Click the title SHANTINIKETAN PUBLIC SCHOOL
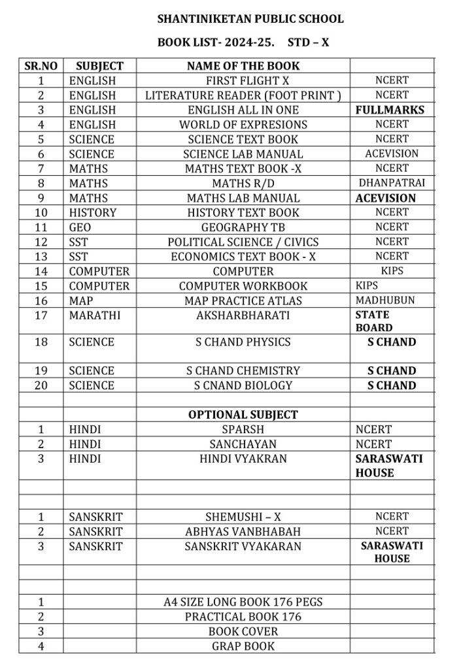click(x=250, y=20)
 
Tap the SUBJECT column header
click(x=99, y=66)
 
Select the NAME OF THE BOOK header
click(x=243, y=66)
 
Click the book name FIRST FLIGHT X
click(x=243, y=80)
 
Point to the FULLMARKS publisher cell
click(x=390, y=110)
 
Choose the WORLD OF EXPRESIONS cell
click(x=243, y=125)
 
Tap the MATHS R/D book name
click(x=243, y=184)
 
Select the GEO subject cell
click(x=80, y=227)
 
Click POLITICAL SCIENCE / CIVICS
click(x=243, y=242)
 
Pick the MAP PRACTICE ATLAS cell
click(x=243, y=301)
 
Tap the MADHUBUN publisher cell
click(x=385, y=301)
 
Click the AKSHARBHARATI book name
click(x=243, y=316)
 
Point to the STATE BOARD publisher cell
click(x=374, y=321)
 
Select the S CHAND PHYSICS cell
click(x=243, y=342)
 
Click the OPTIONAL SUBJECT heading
click(x=243, y=415)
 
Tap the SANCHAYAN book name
click(x=243, y=444)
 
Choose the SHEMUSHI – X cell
click(x=243, y=517)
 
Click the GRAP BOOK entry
click(x=243, y=646)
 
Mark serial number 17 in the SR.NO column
click(x=41, y=316)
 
